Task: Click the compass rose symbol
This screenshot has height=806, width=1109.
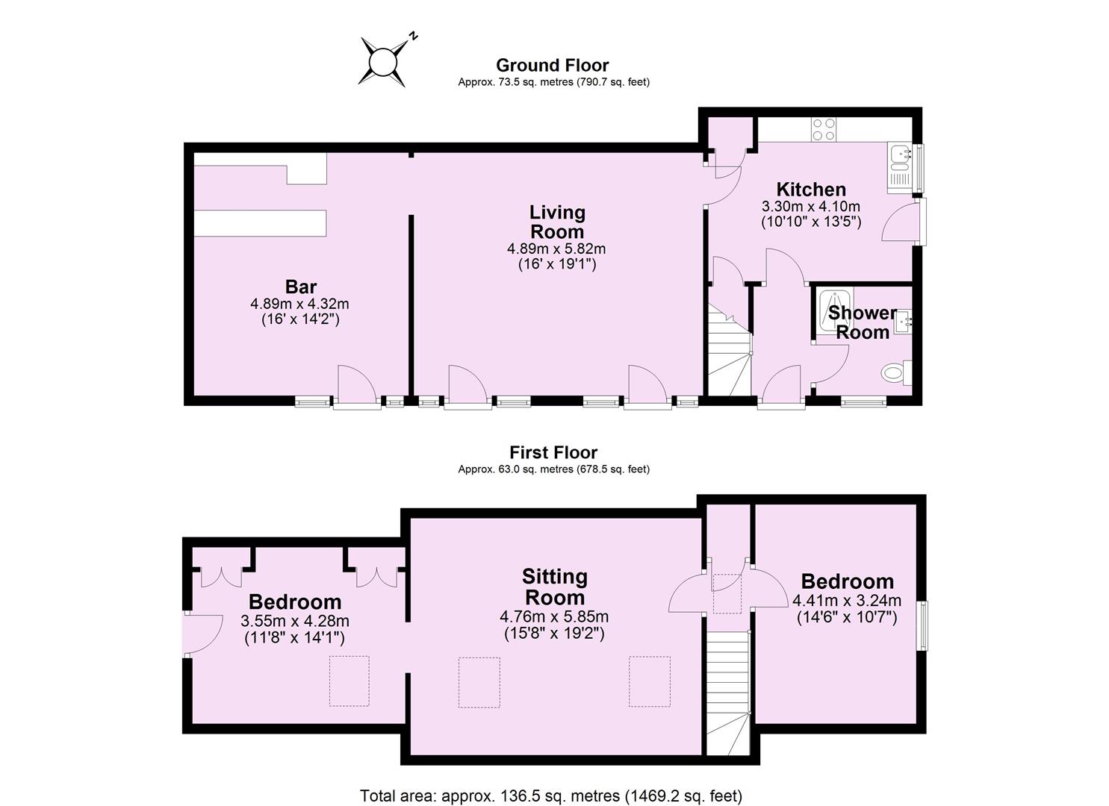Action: point(384,60)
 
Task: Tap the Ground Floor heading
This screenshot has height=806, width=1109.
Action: point(553,66)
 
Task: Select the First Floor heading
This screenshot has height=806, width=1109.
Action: point(553,452)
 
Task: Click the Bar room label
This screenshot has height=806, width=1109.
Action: point(300,287)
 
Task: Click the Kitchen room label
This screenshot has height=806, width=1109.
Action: point(810,189)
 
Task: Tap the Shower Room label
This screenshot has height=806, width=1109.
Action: point(862,322)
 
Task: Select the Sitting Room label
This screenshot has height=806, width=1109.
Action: point(554,587)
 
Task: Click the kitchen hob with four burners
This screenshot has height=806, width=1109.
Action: point(823,129)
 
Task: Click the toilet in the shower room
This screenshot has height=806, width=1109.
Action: point(895,372)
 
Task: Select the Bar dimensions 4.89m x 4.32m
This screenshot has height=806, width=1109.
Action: point(300,304)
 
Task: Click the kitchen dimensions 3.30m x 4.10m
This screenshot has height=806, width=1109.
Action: point(810,207)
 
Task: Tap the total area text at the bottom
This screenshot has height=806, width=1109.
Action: point(551,796)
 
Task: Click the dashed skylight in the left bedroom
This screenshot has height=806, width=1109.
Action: point(350,681)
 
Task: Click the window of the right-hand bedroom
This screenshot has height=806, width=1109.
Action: point(923,625)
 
